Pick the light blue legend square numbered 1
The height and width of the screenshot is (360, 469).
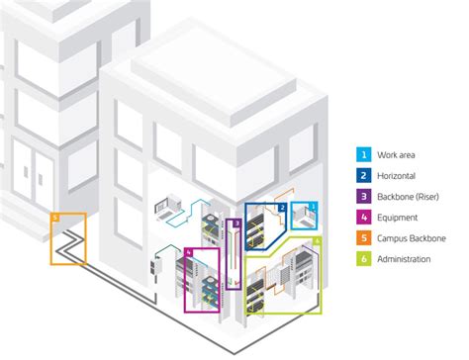coord(365,154)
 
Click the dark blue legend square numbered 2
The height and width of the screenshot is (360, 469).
coord(365,175)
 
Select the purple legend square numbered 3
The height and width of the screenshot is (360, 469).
coord(365,196)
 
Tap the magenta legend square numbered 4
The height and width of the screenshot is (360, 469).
coord(365,217)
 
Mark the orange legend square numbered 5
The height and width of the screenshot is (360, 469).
coord(365,237)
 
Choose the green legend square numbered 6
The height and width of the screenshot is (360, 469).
coord(365,258)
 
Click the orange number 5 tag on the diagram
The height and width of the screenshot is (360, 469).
coord(56,216)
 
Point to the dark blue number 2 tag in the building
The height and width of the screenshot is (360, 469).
coord(282,209)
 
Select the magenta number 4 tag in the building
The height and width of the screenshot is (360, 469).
coord(190,254)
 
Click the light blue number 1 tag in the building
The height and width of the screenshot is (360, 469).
coord(314,207)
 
